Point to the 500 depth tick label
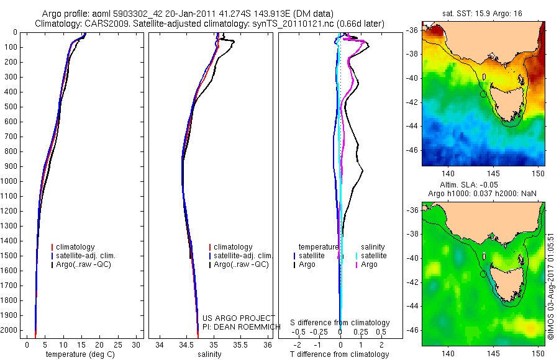click(11, 107)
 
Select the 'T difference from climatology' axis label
click(339, 354)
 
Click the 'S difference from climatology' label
click(340, 323)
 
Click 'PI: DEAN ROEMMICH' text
click(233, 326)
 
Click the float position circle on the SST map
click(483, 94)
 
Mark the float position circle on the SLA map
click(483, 274)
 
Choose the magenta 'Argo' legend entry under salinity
click(369, 264)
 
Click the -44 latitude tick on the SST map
click(412, 126)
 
